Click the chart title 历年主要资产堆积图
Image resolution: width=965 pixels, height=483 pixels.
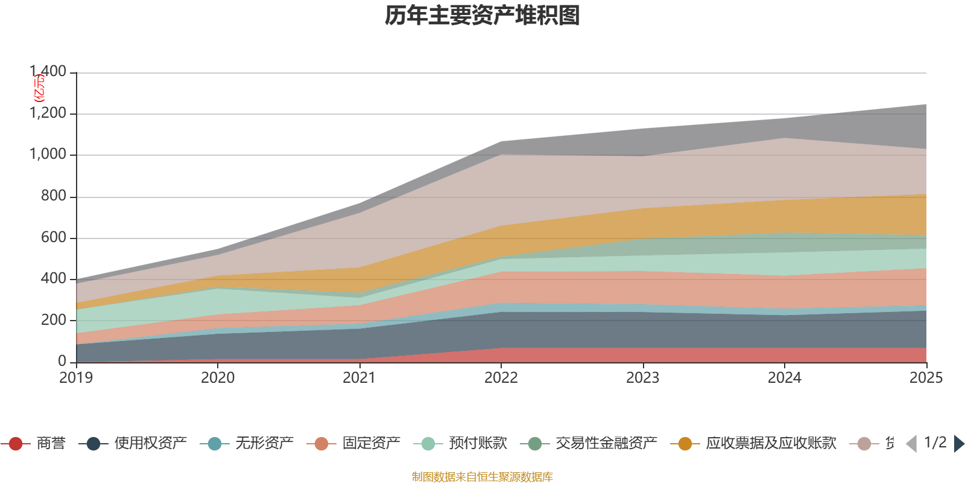click(x=482, y=16)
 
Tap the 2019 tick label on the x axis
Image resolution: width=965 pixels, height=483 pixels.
click(x=76, y=378)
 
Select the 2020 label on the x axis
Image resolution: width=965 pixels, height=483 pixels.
click(x=218, y=378)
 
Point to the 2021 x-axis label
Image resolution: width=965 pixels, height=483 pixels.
click(x=359, y=378)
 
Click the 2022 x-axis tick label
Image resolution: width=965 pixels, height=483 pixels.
click(x=501, y=378)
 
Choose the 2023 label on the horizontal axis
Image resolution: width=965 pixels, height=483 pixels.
click(x=643, y=378)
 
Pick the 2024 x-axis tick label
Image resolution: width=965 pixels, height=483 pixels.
click(x=785, y=378)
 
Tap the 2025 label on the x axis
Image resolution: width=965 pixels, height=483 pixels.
click(x=926, y=378)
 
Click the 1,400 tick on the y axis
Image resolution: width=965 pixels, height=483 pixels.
click(x=48, y=72)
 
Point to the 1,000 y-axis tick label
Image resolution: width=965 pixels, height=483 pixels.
click(x=48, y=155)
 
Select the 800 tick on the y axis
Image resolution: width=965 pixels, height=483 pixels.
click(x=54, y=196)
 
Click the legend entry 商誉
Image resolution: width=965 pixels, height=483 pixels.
click(x=51, y=444)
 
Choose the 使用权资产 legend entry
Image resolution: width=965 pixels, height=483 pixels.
click(x=150, y=444)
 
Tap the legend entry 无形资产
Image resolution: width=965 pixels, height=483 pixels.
click(x=264, y=444)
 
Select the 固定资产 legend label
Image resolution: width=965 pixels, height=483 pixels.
click(x=371, y=444)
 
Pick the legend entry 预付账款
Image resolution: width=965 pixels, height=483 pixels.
click(x=478, y=444)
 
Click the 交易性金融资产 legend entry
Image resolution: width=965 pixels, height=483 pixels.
click(x=606, y=444)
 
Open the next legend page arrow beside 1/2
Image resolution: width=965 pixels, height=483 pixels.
click(x=958, y=444)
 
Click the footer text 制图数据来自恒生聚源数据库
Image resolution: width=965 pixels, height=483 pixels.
click(x=482, y=477)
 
